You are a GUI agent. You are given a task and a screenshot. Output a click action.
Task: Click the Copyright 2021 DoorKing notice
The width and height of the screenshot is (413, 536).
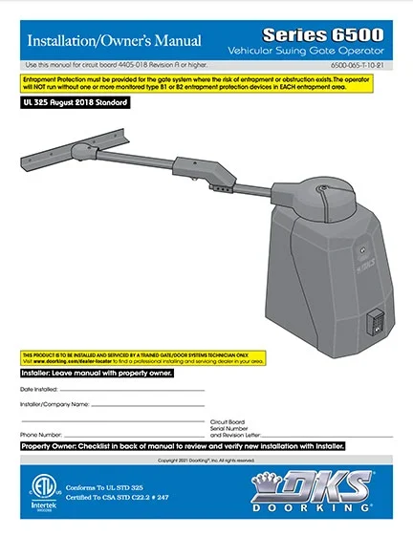(206, 461)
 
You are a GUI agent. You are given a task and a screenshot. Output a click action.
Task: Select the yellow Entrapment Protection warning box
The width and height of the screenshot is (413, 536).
(206, 86)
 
